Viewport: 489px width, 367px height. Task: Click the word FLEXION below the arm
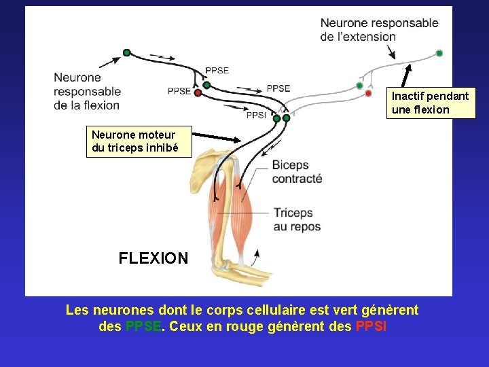click(153, 258)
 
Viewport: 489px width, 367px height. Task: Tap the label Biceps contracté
click(297, 172)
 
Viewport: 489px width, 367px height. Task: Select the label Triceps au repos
click(297, 220)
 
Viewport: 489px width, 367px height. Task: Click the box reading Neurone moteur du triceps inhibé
click(133, 141)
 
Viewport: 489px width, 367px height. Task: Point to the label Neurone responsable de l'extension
click(379, 30)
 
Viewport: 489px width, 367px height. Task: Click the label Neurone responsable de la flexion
click(87, 91)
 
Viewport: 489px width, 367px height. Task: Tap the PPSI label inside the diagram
click(256, 115)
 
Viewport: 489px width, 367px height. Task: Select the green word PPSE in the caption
click(143, 326)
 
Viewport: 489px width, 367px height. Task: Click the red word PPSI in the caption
click(371, 326)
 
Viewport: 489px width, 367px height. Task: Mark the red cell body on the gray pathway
click(368, 93)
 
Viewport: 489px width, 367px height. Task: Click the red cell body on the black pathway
click(198, 92)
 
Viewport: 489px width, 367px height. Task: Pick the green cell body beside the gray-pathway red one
click(359, 86)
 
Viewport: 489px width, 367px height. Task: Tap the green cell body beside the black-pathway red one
click(206, 85)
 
